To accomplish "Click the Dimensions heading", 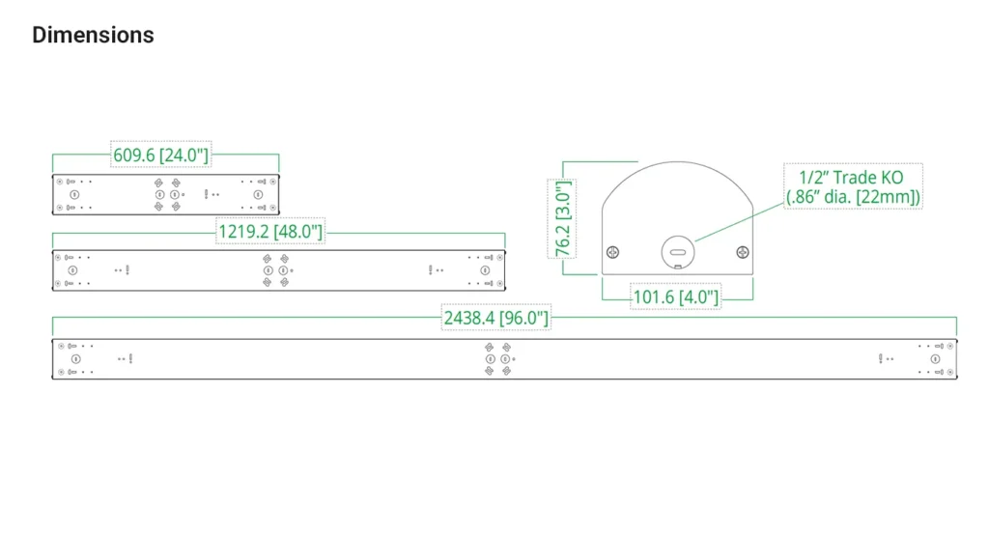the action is click(x=93, y=36).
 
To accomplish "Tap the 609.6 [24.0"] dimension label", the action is click(x=161, y=155).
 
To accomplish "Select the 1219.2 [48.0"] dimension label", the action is click(x=270, y=232).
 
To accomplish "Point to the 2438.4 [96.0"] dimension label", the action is click(x=496, y=318).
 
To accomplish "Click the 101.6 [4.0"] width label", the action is click(x=675, y=297).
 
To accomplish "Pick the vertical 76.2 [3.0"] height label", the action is click(x=562, y=219).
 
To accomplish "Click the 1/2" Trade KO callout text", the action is click(x=853, y=186).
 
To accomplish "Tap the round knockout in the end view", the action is click(x=678, y=252).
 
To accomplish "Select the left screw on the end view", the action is click(x=612, y=252).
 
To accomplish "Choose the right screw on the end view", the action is click(x=743, y=252).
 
